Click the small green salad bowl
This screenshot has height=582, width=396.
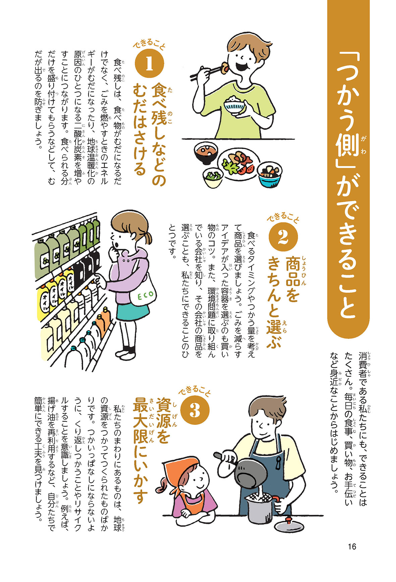pyautogui.click(x=213, y=178)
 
